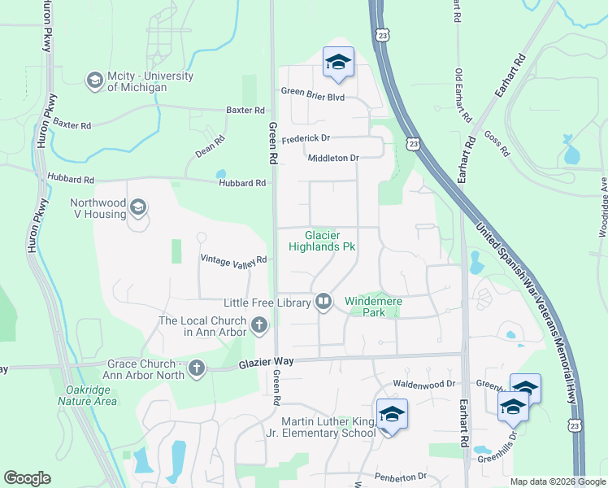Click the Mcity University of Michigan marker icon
click(94, 80)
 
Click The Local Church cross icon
click(259, 326)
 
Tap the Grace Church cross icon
click(196, 369)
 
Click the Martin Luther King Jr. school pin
click(391, 415)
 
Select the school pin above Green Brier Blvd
click(338, 63)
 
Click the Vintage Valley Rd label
click(234, 259)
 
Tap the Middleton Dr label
click(333, 158)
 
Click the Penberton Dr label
click(401, 476)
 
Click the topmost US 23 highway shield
click(384, 35)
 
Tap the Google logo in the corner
click(27, 478)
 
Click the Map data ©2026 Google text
click(557, 481)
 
